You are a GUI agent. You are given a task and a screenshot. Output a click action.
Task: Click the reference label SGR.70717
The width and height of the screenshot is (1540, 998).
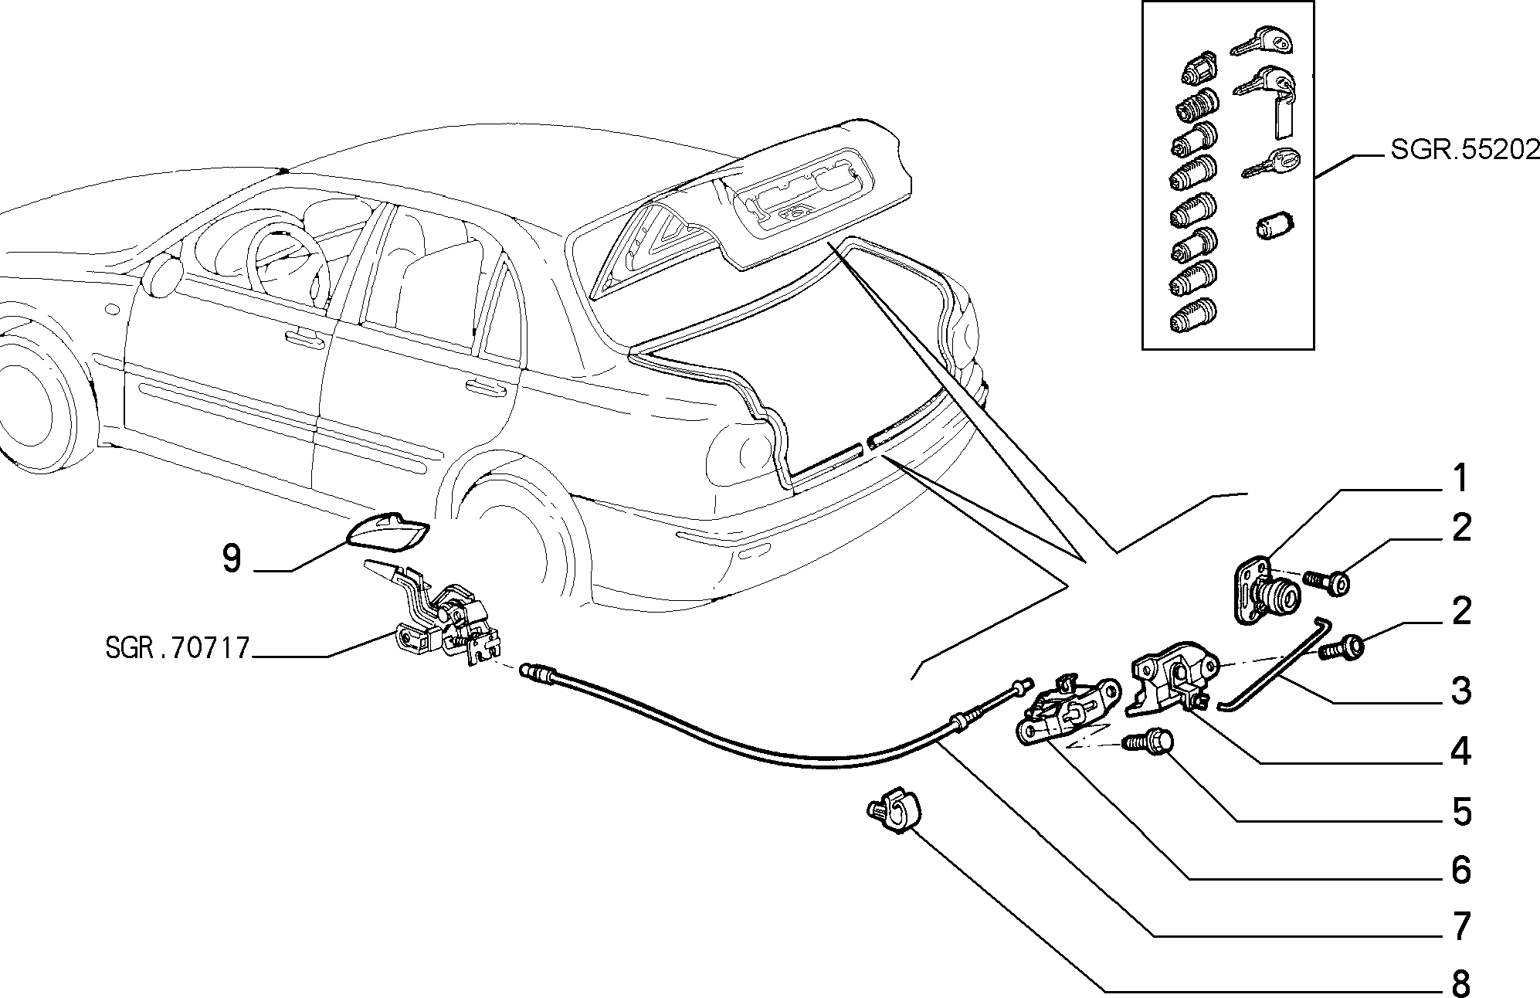[178, 647]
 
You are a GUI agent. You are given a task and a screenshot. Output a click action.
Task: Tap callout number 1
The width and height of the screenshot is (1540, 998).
[1460, 479]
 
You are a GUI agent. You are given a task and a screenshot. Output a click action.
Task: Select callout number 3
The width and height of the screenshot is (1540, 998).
[1460, 691]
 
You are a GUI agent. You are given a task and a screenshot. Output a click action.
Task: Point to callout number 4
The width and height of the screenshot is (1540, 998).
[1460, 752]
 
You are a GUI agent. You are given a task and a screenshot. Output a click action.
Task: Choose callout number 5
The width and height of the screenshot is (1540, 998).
[1460, 812]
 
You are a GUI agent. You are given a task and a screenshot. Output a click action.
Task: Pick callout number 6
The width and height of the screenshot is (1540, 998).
[1460, 870]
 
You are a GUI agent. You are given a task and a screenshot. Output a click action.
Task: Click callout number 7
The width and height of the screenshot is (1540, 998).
[1460, 927]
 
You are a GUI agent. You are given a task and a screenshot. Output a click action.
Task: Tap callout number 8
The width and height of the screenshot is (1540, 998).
[1460, 983]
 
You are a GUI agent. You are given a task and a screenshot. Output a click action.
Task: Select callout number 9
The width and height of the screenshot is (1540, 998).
[232, 558]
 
